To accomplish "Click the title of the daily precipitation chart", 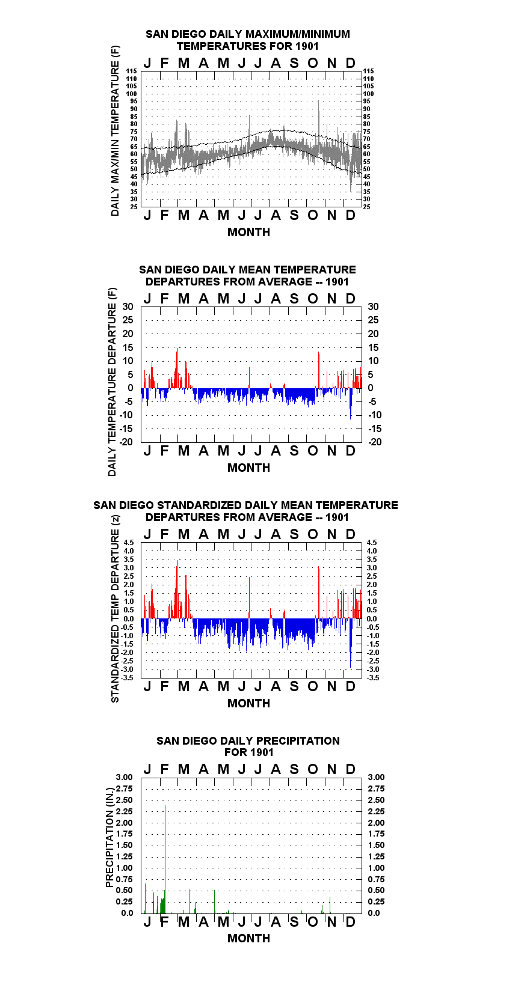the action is (248, 746).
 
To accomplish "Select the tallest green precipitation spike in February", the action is (165, 859).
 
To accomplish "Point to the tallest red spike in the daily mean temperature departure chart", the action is (177, 368).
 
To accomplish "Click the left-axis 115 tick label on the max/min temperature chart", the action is (132, 71).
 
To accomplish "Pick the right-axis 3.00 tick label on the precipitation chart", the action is (376, 777).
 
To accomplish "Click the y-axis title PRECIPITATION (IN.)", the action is (109, 838).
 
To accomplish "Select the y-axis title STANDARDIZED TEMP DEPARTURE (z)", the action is (115, 609).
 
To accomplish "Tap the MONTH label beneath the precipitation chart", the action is (249, 938).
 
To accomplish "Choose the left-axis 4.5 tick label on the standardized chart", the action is (129, 543).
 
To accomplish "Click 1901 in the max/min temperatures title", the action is (307, 46).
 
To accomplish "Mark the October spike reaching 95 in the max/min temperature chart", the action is (319, 118).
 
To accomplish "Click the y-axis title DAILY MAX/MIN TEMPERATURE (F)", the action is (115, 130).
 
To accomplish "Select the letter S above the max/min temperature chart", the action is (294, 64).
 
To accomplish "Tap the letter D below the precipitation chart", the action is (350, 922).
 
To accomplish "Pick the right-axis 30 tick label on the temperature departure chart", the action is (374, 307).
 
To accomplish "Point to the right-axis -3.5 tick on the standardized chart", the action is (374, 678).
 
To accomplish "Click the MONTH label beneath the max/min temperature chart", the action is (249, 233).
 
